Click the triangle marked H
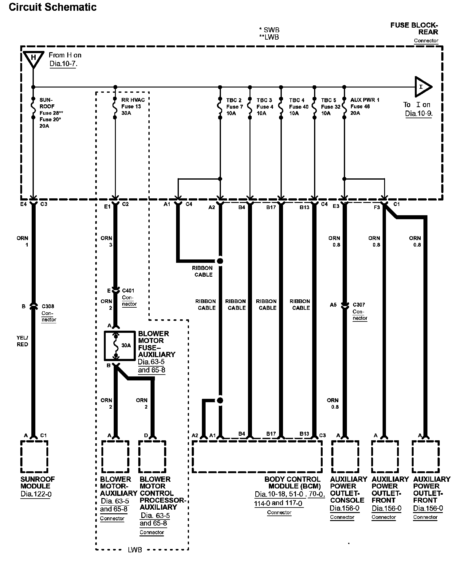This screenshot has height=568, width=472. (x=33, y=59)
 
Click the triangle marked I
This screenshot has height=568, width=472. (x=422, y=87)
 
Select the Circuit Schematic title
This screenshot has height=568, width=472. (x=53, y=7)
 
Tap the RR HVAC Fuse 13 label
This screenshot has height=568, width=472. (x=133, y=107)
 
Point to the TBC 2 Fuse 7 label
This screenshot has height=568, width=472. (x=234, y=107)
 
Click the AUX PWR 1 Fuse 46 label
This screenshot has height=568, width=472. (x=364, y=107)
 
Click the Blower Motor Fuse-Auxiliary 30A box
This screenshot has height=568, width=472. (x=120, y=346)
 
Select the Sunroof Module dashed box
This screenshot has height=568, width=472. (x=34, y=457)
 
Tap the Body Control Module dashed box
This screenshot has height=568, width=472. (x=257, y=457)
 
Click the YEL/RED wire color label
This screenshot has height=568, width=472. (x=22, y=341)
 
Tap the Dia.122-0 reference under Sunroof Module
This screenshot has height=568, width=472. (x=35, y=495)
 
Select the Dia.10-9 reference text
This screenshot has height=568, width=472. (x=418, y=113)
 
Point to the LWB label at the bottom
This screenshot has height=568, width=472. (x=135, y=550)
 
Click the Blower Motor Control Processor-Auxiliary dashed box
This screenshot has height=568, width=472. (x=152, y=457)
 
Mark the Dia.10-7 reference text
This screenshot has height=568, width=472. (x=63, y=64)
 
